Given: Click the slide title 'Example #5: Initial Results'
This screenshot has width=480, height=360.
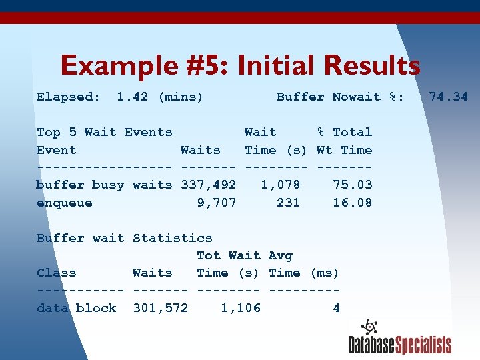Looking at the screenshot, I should (240, 66).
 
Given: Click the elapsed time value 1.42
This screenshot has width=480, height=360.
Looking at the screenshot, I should (132, 97).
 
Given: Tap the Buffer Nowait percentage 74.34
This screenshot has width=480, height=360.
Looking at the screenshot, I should (448, 97).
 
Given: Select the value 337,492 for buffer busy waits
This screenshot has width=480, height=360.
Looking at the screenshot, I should (208, 185).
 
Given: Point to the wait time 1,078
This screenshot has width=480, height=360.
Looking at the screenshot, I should (280, 185).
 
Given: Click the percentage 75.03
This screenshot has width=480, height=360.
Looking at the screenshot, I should (352, 185).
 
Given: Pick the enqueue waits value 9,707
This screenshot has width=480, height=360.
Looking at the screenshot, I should (217, 203).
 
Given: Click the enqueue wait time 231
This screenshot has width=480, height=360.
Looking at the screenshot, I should (288, 203).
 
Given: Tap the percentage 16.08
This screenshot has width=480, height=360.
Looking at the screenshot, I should (352, 203).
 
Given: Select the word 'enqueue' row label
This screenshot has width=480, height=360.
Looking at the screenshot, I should (64, 203).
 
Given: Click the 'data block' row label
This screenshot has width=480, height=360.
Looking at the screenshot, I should (76, 308).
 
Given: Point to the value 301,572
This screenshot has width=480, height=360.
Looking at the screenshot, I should (160, 308).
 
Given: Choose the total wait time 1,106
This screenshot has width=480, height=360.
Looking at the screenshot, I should (240, 308).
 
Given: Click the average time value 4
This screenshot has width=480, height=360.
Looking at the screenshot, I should (336, 308).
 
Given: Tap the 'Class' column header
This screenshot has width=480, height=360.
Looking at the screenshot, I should (56, 273).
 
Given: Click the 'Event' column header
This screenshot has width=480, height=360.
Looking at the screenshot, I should (56, 150).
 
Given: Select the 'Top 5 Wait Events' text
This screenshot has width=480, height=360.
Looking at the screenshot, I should (104, 132).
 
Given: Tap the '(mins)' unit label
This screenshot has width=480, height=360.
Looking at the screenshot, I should (180, 97).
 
